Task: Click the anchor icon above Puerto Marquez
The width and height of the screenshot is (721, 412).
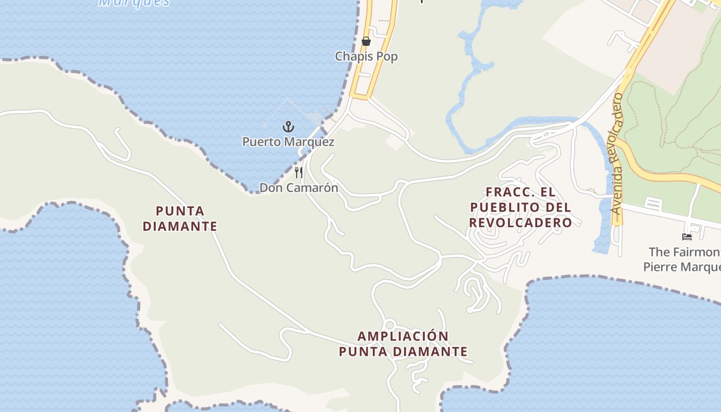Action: coord(288,126)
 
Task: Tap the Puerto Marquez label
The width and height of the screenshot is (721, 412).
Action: coord(288,142)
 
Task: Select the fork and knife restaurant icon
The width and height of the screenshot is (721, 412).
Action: coord(299,172)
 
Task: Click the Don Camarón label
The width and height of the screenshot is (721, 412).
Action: coord(299,188)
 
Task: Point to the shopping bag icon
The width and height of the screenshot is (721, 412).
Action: coord(366,41)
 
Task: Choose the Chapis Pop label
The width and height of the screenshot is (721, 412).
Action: coord(366,56)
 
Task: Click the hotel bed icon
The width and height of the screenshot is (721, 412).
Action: coord(687,237)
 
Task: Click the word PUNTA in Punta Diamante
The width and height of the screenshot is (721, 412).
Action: coord(180,211)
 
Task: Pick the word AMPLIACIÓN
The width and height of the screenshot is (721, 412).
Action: coord(403,336)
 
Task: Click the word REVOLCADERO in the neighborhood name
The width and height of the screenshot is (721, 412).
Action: coord(521,222)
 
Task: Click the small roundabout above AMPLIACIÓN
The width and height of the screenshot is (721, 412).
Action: coord(389,325)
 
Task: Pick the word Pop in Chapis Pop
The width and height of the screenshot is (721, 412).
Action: coord(388,56)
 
